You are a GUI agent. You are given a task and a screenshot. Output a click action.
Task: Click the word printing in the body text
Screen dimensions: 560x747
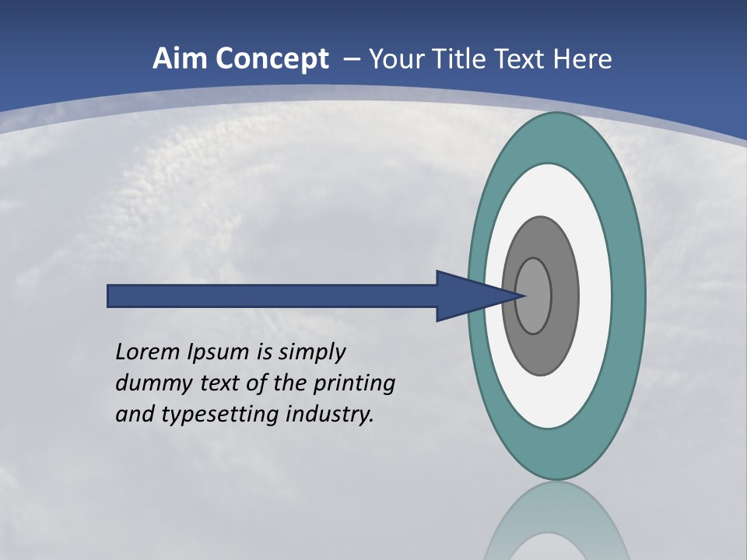pos(355,384)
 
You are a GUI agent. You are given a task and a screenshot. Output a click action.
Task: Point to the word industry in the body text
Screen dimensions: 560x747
pos(330,415)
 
